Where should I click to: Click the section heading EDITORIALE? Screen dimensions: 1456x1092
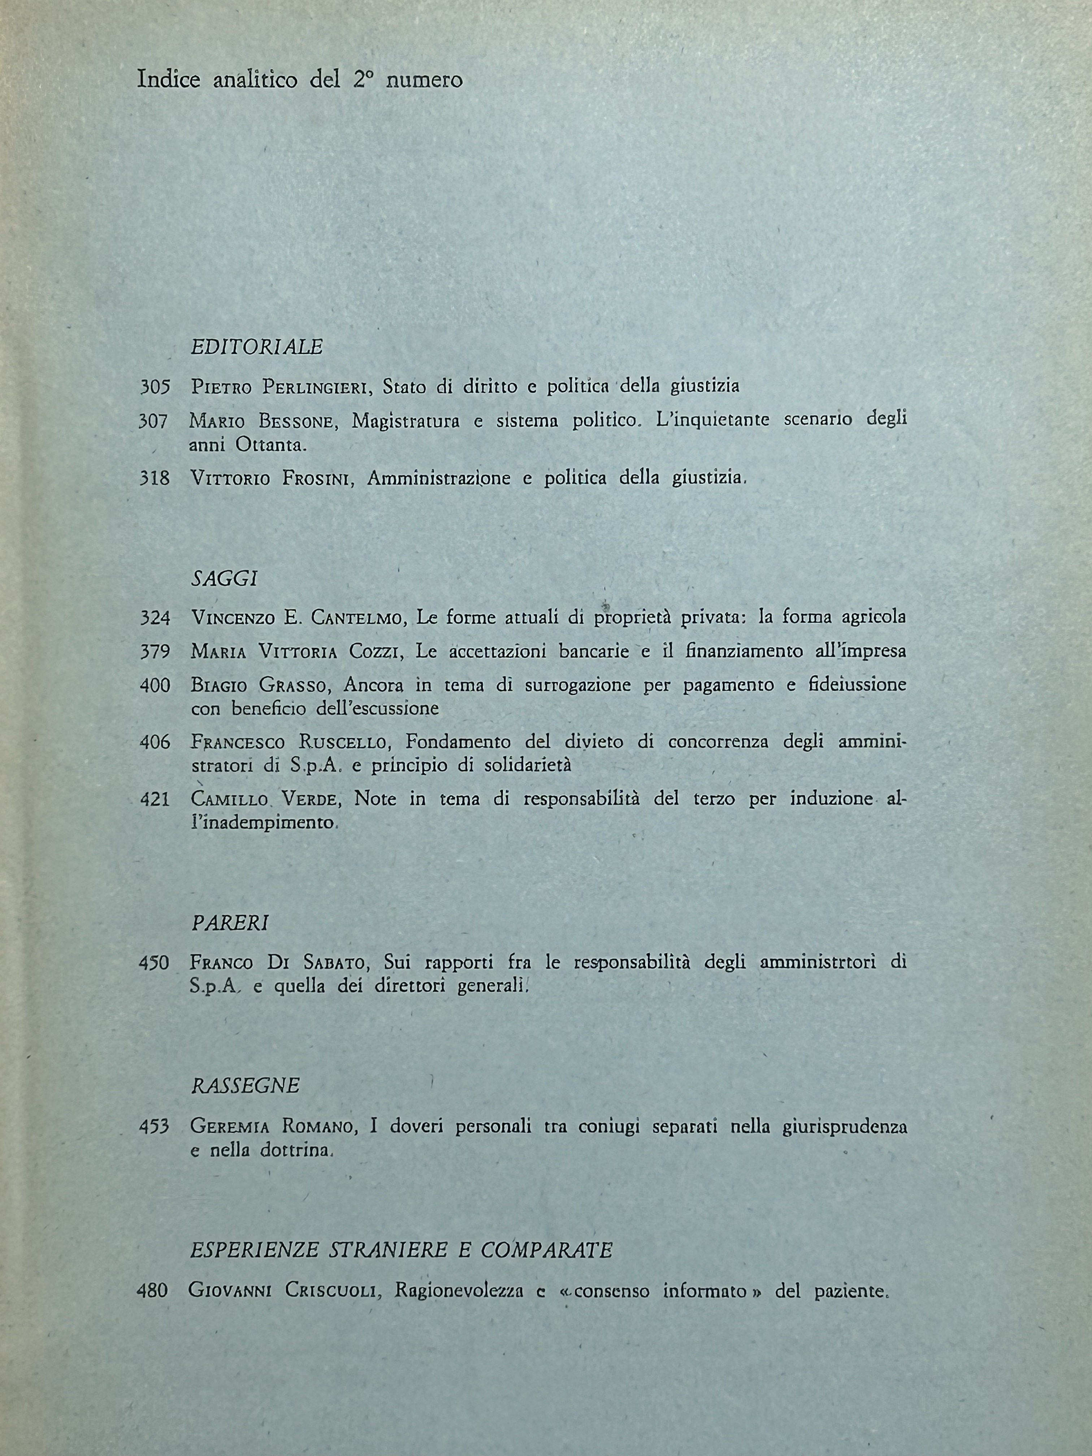[x=257, y=347]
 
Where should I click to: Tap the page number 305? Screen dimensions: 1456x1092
[x=155, y=387]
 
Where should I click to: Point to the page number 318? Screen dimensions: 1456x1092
[x=155, y=478]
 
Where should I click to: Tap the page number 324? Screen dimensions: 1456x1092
[x=155, y=618]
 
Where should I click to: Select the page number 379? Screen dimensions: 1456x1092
[x=155, y=652]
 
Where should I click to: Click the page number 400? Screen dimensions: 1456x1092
[x=155, y=686]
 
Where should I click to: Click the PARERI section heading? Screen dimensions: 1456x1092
[x=230, y=923]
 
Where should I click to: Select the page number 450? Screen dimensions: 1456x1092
[x=154, y=963]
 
